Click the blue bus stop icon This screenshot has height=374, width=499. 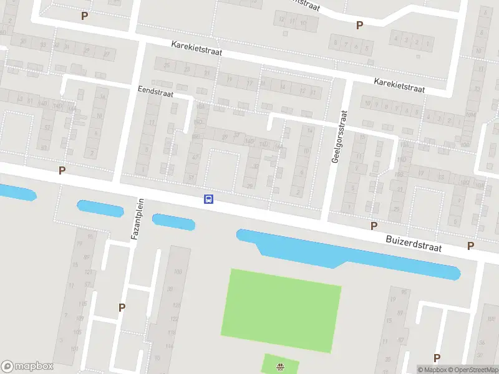pos(208,199)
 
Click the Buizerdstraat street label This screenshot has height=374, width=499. pos(414,243)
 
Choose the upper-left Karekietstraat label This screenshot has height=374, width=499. pos(197,49)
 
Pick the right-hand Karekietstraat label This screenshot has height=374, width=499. pos(399,85)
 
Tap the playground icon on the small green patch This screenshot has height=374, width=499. pos(280,367)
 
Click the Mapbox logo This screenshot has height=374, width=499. pos(27,367)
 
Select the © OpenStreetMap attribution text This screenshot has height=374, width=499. pos(472,370)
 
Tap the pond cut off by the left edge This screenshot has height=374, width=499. pos(16,193)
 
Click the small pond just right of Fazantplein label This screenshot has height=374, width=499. pos(173,221)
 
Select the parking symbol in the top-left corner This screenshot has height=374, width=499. pos(84,16)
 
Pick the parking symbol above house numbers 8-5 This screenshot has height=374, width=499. pos(359,25)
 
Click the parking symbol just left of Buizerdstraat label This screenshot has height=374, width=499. pos(374,226)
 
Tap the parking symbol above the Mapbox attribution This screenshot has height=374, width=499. pos(437,358)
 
